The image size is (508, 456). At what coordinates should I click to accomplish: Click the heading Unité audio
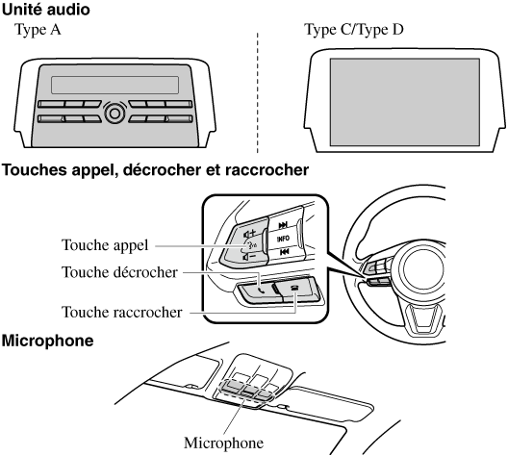click(45, 10)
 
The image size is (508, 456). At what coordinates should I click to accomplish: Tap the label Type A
click(38, 30)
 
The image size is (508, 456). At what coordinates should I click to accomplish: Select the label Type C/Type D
click(354, 30)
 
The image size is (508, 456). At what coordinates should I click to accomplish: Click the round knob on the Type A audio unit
click(114, 114)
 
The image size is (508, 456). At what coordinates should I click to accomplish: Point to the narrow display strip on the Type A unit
click(114, 86)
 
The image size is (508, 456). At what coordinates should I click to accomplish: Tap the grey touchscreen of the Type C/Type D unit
click(405, 102)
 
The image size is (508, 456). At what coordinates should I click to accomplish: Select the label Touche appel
click(105, 245)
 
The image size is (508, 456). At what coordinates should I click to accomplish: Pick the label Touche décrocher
click(119, 272)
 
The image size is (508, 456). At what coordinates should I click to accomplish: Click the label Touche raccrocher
click(122, 313)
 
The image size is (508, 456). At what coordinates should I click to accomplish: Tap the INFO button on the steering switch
click(283, 239)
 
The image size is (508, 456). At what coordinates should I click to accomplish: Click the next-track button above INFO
click(283, 225)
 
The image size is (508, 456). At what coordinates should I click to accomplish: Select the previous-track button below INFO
click(284, 252)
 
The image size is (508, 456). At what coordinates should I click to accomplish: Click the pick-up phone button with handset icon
click(259, 291)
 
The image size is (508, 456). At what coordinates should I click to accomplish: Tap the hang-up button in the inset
click(296, 289)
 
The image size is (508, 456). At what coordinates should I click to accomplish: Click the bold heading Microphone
click(48, 341)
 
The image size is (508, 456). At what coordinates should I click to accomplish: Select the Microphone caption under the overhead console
click(223, 443)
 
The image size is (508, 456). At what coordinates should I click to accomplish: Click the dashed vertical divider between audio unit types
click(258, 92)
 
